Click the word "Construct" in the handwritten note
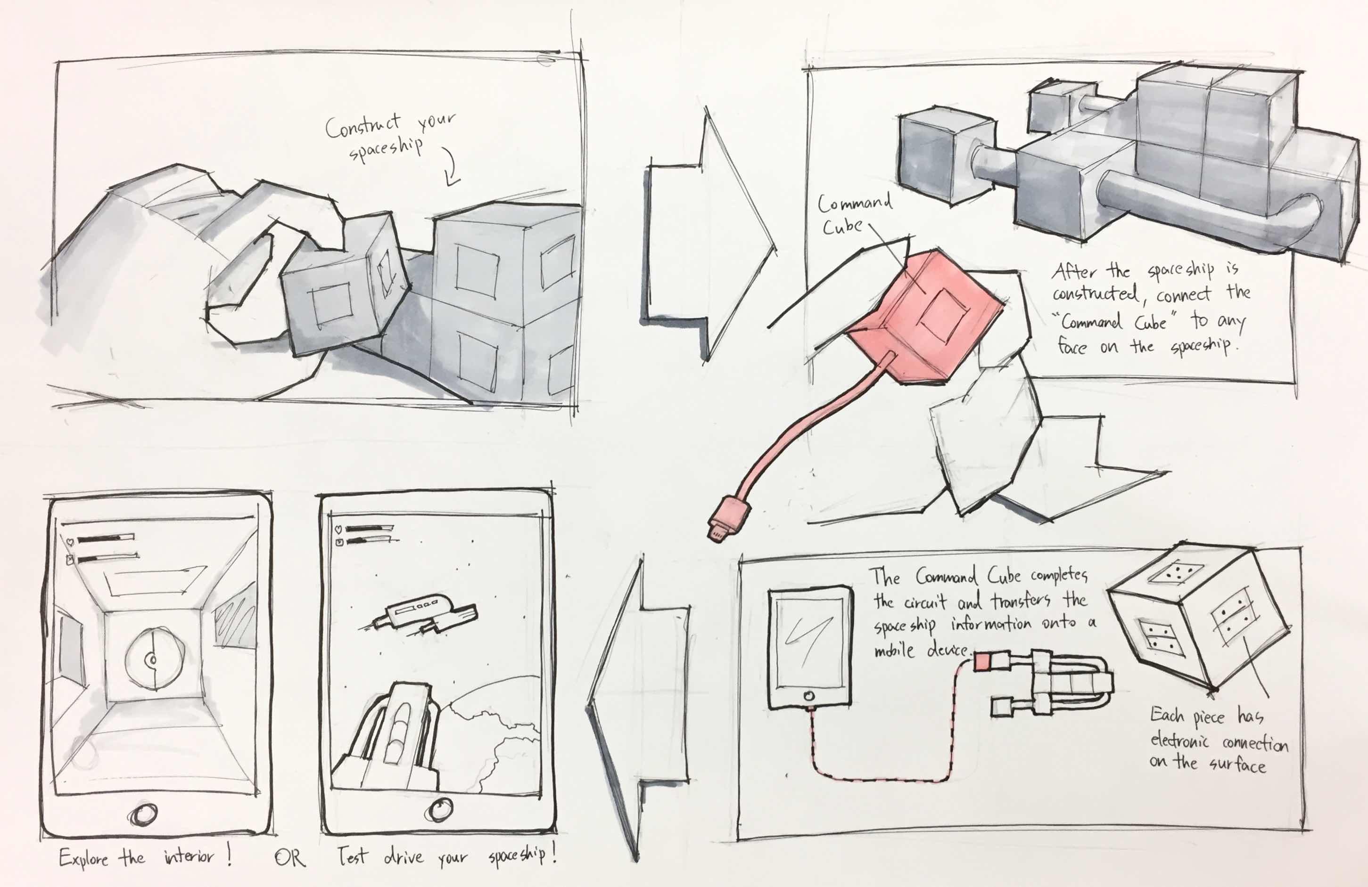[x=362, y=126]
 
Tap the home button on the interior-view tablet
[x=144, y=814]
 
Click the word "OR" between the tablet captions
[x=290, y=858]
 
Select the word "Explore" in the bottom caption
[x=84, y=859]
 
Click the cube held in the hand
[x=345, y=287]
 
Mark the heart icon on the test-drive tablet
[x=338, y=529]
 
